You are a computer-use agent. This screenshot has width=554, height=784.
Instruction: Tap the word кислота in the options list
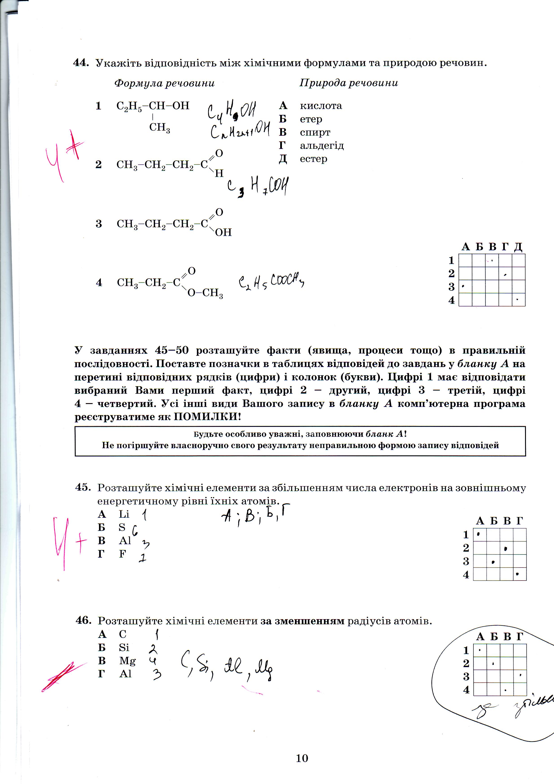click(x=321, y=106)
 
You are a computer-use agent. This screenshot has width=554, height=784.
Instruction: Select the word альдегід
click(x=322, y=146)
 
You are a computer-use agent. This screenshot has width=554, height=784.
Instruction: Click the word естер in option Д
click(x=313, y=159)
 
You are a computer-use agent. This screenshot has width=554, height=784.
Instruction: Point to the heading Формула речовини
click(x=164, y=83)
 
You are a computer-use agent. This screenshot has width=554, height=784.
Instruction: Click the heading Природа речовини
click(x=349, y=83)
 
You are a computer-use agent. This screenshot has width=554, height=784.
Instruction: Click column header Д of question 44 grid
click(x=518, y=247)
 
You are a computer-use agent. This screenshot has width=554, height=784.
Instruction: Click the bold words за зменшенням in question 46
click(x=302, y=620)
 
